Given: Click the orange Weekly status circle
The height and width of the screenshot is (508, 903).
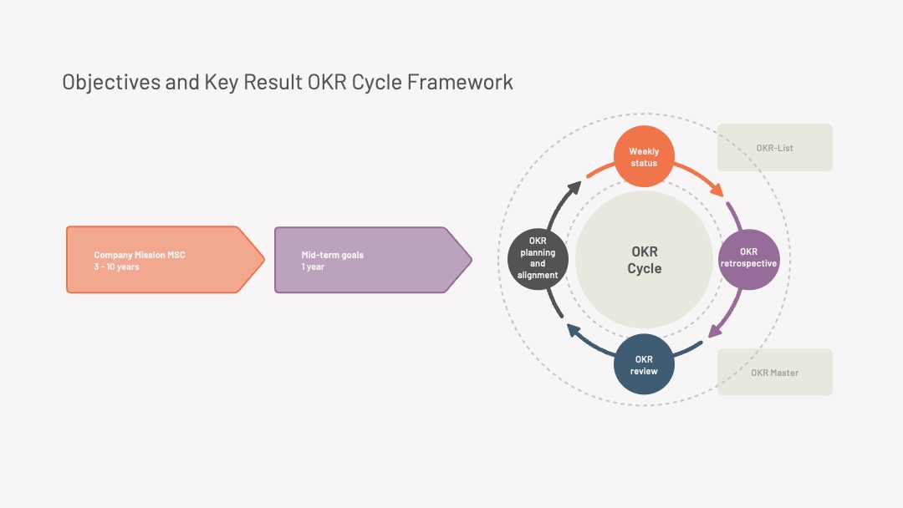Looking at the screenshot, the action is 644,156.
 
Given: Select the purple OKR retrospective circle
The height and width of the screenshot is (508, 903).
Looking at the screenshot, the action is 748,260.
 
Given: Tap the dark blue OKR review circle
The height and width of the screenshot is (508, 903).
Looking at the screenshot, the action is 644,364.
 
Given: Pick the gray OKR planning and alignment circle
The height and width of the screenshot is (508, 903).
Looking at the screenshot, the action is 538,259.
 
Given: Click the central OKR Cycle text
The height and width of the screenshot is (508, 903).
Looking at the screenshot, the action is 645,260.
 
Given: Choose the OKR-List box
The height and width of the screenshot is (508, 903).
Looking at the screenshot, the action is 774,147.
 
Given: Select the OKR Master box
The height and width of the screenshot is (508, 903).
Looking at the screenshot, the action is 774,372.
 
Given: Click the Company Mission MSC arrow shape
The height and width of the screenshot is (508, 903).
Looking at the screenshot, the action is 166,260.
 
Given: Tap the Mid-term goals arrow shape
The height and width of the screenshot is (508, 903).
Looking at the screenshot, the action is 373,260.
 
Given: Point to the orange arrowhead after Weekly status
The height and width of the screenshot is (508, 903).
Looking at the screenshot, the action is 717,190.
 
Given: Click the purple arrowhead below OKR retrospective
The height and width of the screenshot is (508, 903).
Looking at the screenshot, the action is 715,331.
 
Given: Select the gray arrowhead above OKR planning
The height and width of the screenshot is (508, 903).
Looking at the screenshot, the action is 574,188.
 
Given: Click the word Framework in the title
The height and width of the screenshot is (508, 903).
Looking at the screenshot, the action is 460,82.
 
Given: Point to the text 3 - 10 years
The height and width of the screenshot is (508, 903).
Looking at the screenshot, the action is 116,267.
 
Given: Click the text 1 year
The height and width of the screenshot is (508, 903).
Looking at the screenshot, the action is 313,267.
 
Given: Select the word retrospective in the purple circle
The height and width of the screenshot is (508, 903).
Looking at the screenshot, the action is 748,263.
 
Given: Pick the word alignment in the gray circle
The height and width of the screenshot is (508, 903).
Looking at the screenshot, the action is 538,275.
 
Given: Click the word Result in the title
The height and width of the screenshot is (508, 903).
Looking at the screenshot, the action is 273,82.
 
